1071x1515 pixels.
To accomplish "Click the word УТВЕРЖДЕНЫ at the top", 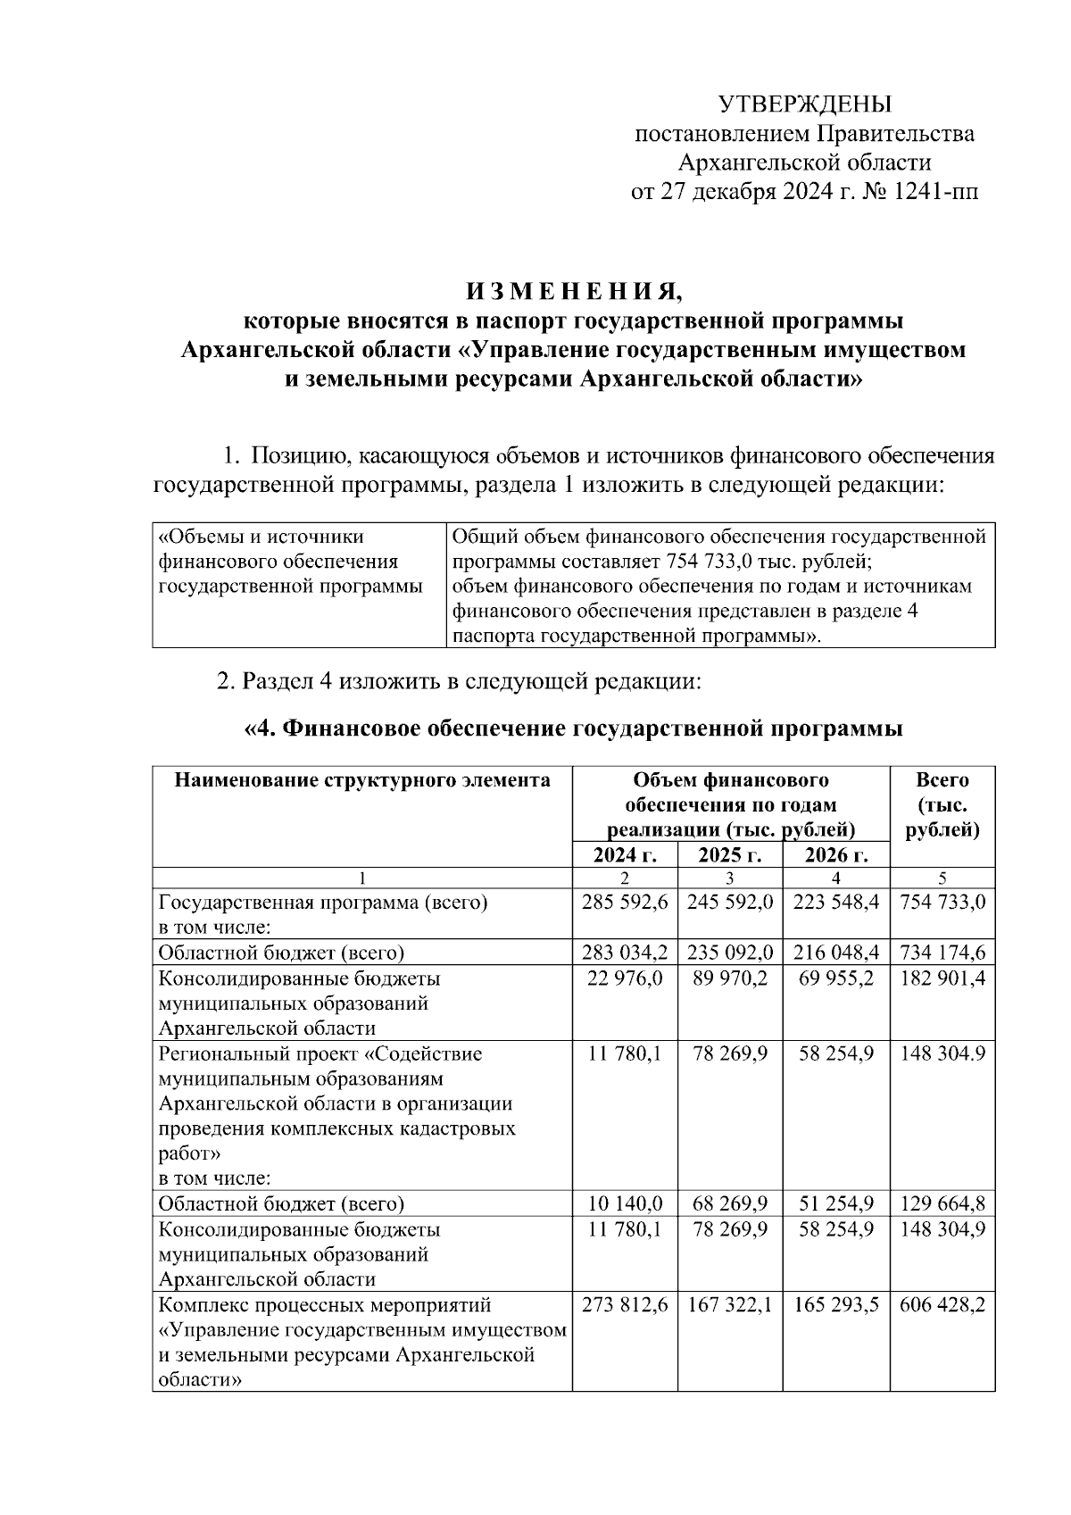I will click(x=805, y=105).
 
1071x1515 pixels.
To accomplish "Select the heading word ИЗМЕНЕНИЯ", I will click(x=574, y=292).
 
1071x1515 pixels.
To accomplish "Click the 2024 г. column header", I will click(x=625, y=855).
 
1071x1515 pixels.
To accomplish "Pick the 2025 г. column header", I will click(x=729, y=855).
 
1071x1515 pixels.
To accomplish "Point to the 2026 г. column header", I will click(x=835, y=855).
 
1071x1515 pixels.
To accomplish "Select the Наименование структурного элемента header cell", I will click(x=361, y=781).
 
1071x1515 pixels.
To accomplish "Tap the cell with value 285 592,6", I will click(x=625, y=903).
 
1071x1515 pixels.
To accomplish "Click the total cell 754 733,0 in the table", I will click(x=942, y=903).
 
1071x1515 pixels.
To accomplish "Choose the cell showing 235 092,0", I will click(x=729, y=953).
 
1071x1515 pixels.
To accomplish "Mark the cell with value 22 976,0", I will click(x=625, y=978).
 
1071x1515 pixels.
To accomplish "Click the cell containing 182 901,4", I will click(x=942, y=978).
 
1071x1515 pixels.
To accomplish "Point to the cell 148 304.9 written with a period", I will click(x=942, y=1053).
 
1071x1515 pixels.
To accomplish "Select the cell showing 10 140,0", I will click(x=625, y=1203).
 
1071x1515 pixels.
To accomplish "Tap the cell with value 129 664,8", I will click(x=942, y=1203).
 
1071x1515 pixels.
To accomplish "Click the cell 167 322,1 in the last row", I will click(x=729, y=1305).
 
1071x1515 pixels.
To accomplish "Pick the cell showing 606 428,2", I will click(x=942, y=1305).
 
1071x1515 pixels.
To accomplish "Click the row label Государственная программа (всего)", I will click(x=323, y=903).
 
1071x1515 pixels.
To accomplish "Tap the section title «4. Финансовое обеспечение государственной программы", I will click(x=573, y=729).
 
